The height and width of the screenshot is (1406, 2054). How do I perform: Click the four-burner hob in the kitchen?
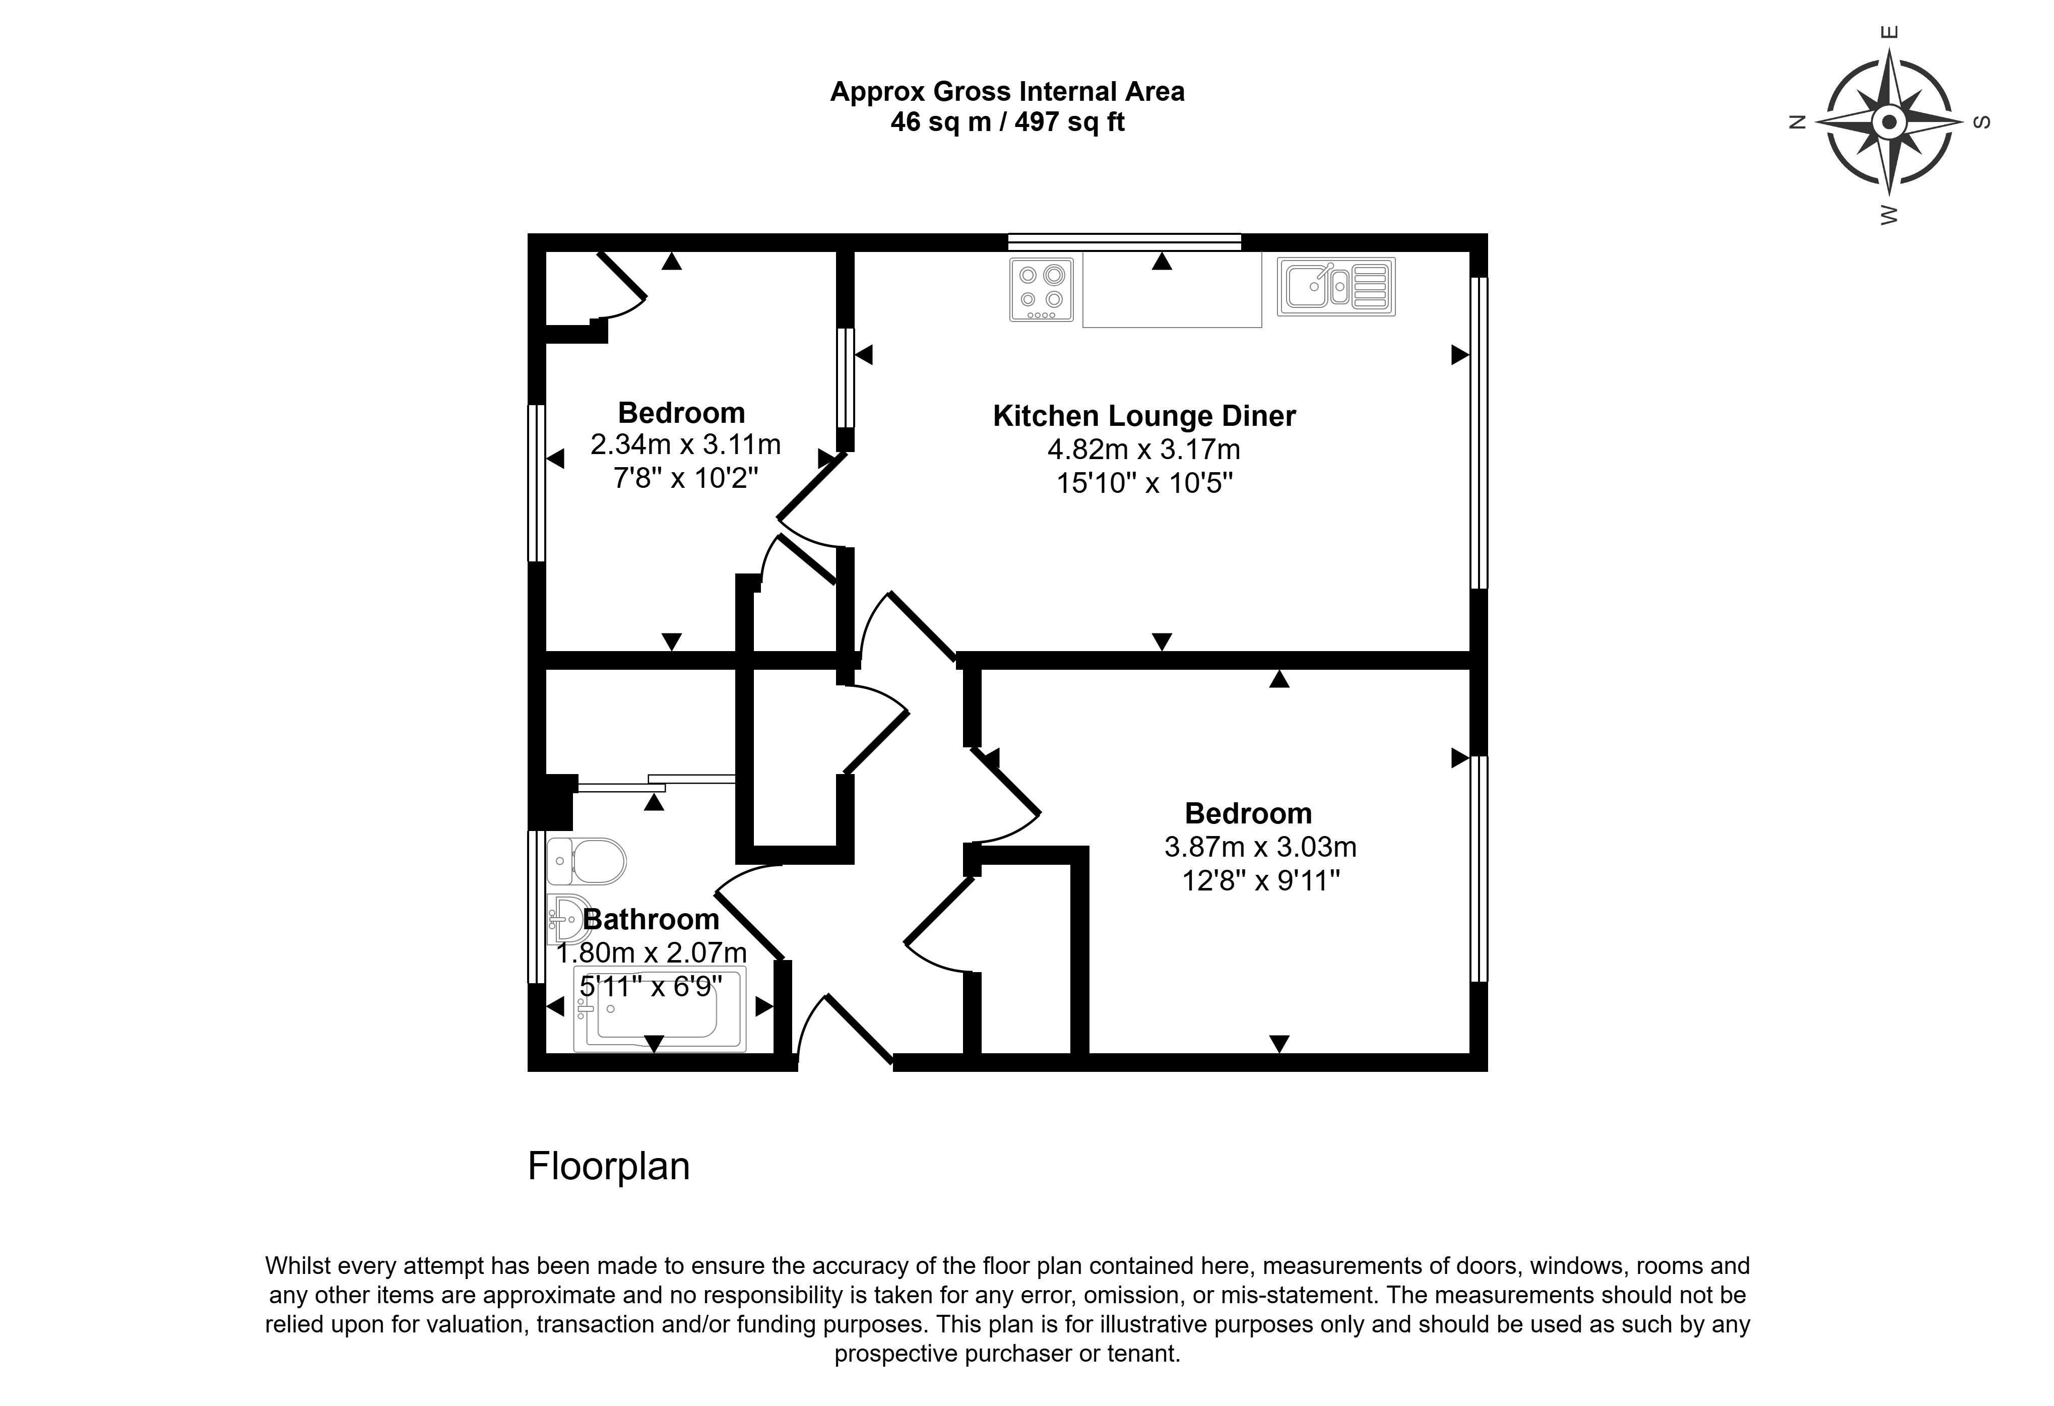pos(1041,289)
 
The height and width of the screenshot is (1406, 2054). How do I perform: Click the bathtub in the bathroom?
pos(659,1009)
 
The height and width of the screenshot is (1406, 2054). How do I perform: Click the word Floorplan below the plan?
pos(608,1167)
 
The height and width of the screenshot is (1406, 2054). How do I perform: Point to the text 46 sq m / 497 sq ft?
pos(1007,122)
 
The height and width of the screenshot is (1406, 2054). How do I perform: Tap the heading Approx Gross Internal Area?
pos(1007,92)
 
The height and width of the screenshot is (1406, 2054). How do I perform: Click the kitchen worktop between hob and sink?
pos(1172,292)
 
